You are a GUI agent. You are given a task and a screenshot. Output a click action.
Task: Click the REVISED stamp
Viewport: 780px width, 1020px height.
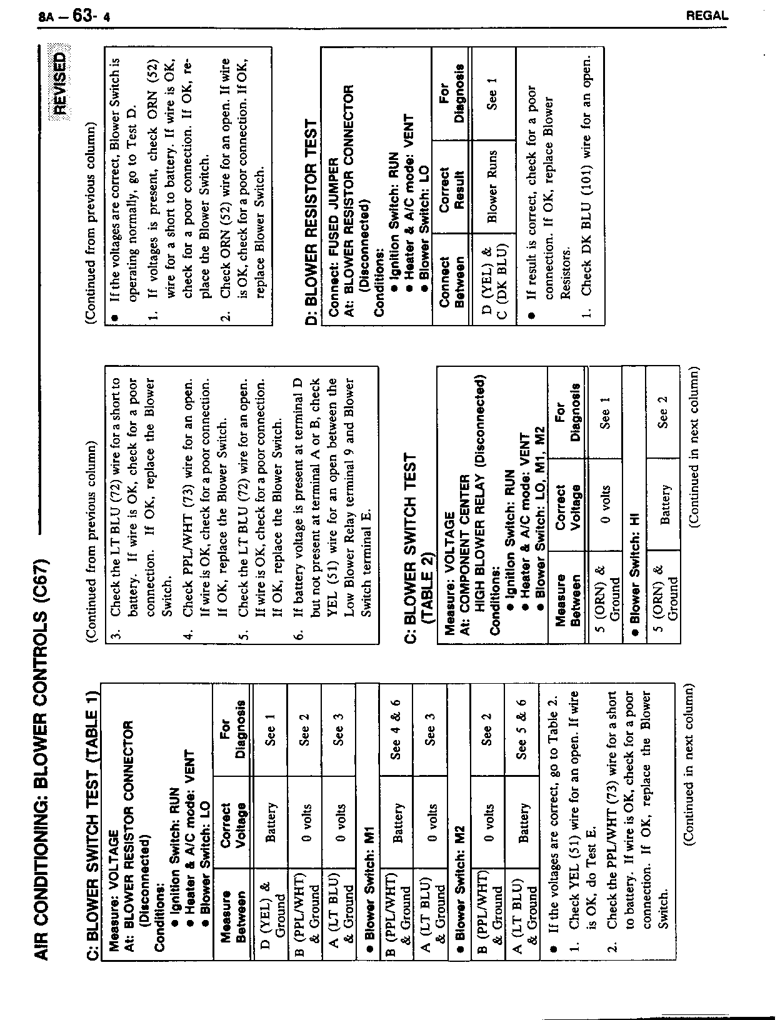[x=61, y=82]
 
